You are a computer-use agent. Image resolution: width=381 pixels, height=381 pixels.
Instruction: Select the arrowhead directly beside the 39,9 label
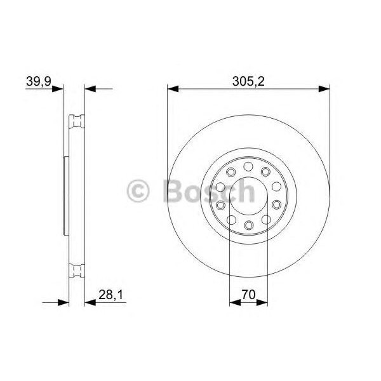[59, 89]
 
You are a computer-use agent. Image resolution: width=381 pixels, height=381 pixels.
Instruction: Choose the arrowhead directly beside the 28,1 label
[90, 302]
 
